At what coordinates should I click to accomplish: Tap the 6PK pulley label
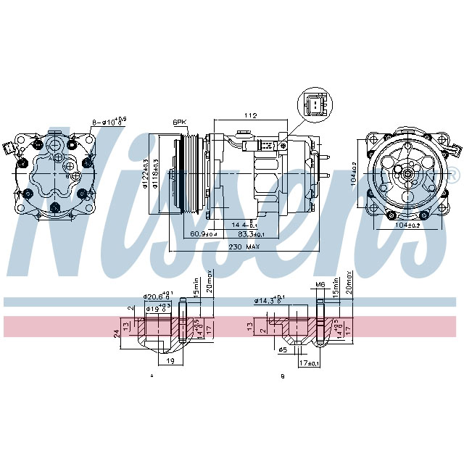(x=179, y=121)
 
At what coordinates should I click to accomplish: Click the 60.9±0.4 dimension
(x=204, y=233)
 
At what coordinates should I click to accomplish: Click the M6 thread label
(x=320, y=285)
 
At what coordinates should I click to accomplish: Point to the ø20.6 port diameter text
(x=155, y=296)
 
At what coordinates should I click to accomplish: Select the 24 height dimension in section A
(x=116, y=333)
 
